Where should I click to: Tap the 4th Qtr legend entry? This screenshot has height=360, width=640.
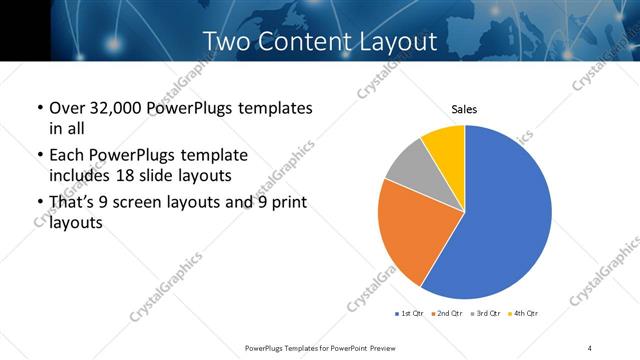click(x=524, y=314)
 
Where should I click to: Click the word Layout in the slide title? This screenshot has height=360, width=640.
click(x=400, y=42)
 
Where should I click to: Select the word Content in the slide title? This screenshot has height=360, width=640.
click(x=307, y=42)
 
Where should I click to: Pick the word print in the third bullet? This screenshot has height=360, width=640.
click(x=285, y=204)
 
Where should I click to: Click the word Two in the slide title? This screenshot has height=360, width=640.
click(x=227, y=42)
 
